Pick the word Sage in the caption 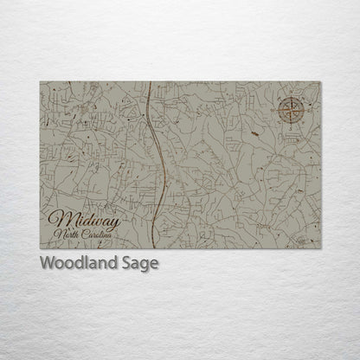[x=139, y=264]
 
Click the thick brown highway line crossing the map [x=159, y=164]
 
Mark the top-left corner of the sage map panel [x=40, y=82]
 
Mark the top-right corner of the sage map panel [x=320, y=82]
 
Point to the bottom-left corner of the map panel [x=40, y=248]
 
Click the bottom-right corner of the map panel [x=320, y=248]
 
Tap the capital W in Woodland [x=47, y=263]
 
